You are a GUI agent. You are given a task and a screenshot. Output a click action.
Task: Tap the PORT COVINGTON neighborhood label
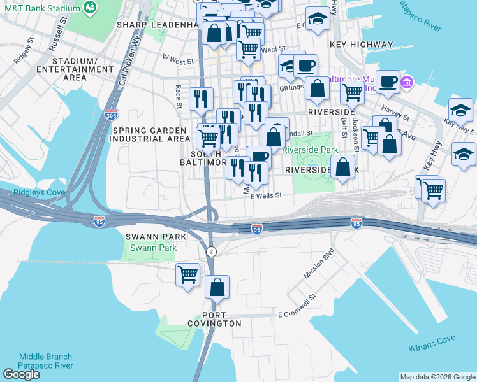222,319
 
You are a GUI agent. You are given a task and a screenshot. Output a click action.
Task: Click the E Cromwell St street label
297,315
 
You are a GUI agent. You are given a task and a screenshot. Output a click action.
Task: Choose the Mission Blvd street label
319,267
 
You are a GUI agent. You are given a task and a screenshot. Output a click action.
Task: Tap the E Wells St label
266,196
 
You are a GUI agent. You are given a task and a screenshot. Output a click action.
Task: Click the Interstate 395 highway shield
111,115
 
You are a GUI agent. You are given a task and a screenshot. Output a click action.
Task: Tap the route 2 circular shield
211,251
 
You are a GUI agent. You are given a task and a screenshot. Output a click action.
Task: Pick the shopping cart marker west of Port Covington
187,275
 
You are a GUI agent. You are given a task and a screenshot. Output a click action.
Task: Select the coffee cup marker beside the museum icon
388,81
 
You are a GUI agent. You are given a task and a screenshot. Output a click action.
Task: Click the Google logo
21,374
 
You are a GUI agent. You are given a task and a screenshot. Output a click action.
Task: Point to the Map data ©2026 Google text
437,377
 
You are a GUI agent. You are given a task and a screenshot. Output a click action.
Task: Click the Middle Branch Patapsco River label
46,361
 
